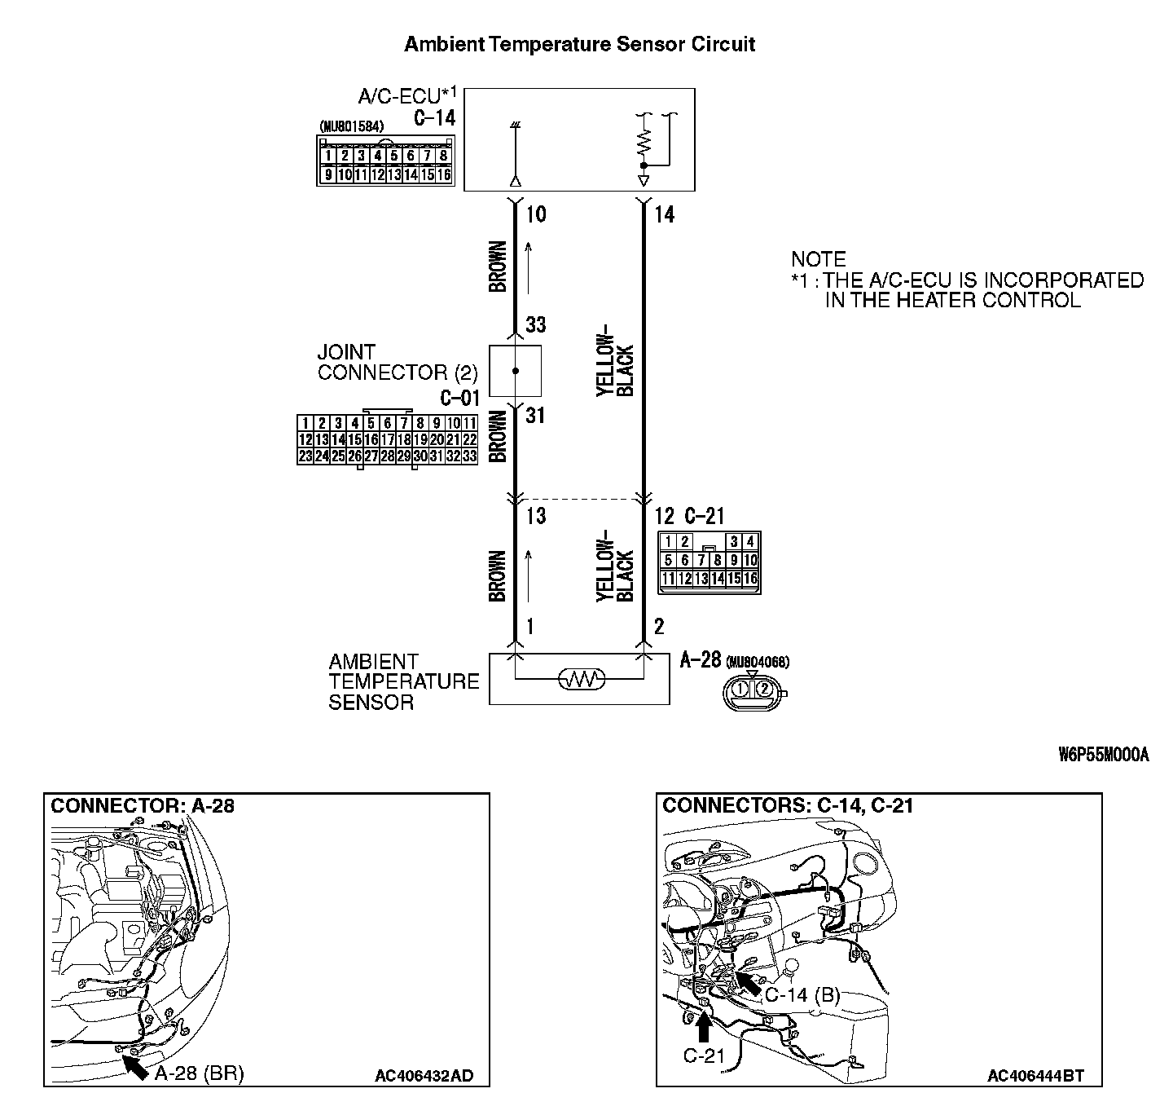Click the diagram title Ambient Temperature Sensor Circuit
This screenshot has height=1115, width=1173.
(579, 44)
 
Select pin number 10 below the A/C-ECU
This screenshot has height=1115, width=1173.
(536, 214)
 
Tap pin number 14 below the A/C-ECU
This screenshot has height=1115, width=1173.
(664, 214)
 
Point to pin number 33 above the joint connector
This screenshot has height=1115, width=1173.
(535, 325)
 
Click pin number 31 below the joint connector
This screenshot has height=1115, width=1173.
(535, 416)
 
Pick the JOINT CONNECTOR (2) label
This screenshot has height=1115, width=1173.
(398, 363)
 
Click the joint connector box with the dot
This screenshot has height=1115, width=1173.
(515, 371)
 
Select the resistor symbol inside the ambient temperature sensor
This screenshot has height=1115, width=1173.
(579, 678)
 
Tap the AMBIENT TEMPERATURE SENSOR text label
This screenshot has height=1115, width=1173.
(403, 682)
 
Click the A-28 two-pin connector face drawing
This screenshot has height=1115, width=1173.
(753, 690)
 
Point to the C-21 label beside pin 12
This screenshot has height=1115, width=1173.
(704, 516)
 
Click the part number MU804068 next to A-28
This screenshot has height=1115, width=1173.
(758, 661)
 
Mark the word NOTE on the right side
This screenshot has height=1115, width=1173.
(819, 259)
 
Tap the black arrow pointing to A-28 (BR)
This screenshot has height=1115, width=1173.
(134, 1064)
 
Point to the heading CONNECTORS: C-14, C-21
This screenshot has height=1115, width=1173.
(788, 806)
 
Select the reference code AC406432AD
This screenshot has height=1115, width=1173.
(424, 1076)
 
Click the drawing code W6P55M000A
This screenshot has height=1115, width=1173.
(1104, 755)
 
